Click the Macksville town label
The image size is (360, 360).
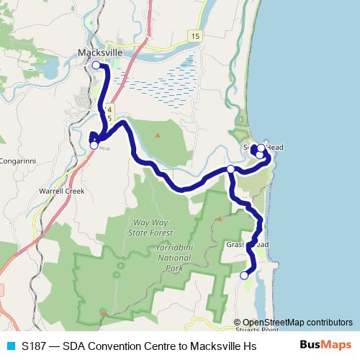pyautogui.click(x=100, y=53)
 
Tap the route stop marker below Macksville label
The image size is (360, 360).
pyautogui.click(x=96, y=66)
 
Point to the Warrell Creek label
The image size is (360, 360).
pyautogui.click(x=62, y=192)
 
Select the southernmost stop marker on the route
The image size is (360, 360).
pyautogui.click(x=244, y=275)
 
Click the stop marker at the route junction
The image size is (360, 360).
pyautogui.click(x=230, y=169)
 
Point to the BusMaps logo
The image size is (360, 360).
pyautogui.click(x=325, y=346)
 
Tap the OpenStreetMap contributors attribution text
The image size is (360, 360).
pyautogui.click(x=297, y=323)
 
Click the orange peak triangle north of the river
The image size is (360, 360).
pyautogui.click(x=158, y=135)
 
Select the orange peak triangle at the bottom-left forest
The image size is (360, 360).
pyautogui.click(x=104, y=312)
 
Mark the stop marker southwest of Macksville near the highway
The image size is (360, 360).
pyautogui.click(x=94, y=145)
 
